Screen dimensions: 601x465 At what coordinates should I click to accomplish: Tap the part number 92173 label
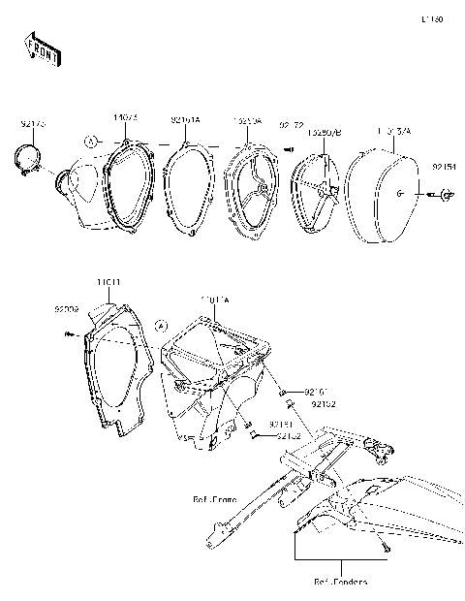pyautogui.click(x=34, y=124)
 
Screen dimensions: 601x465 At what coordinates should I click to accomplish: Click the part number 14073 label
pyautogui.click(x=125, y=117)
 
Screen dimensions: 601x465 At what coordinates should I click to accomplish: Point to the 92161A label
pyautogui.click(x=185, y=119)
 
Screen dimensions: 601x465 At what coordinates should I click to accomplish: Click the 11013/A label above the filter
pyautogui.click(x=393, y=130)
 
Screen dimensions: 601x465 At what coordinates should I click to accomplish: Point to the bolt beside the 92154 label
pyautogui.click(x=440, y=196)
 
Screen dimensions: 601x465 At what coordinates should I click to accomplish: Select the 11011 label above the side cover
pyautogui.click(x=108, y=282)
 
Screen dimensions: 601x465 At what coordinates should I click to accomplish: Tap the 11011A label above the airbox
pyautogui.click(x=214, y=300)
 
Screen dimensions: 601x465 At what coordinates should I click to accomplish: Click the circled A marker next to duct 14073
pyautogui.click(x=90, y=142)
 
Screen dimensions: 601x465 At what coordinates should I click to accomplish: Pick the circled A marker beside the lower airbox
pyautogui.click(x=162, y=325)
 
